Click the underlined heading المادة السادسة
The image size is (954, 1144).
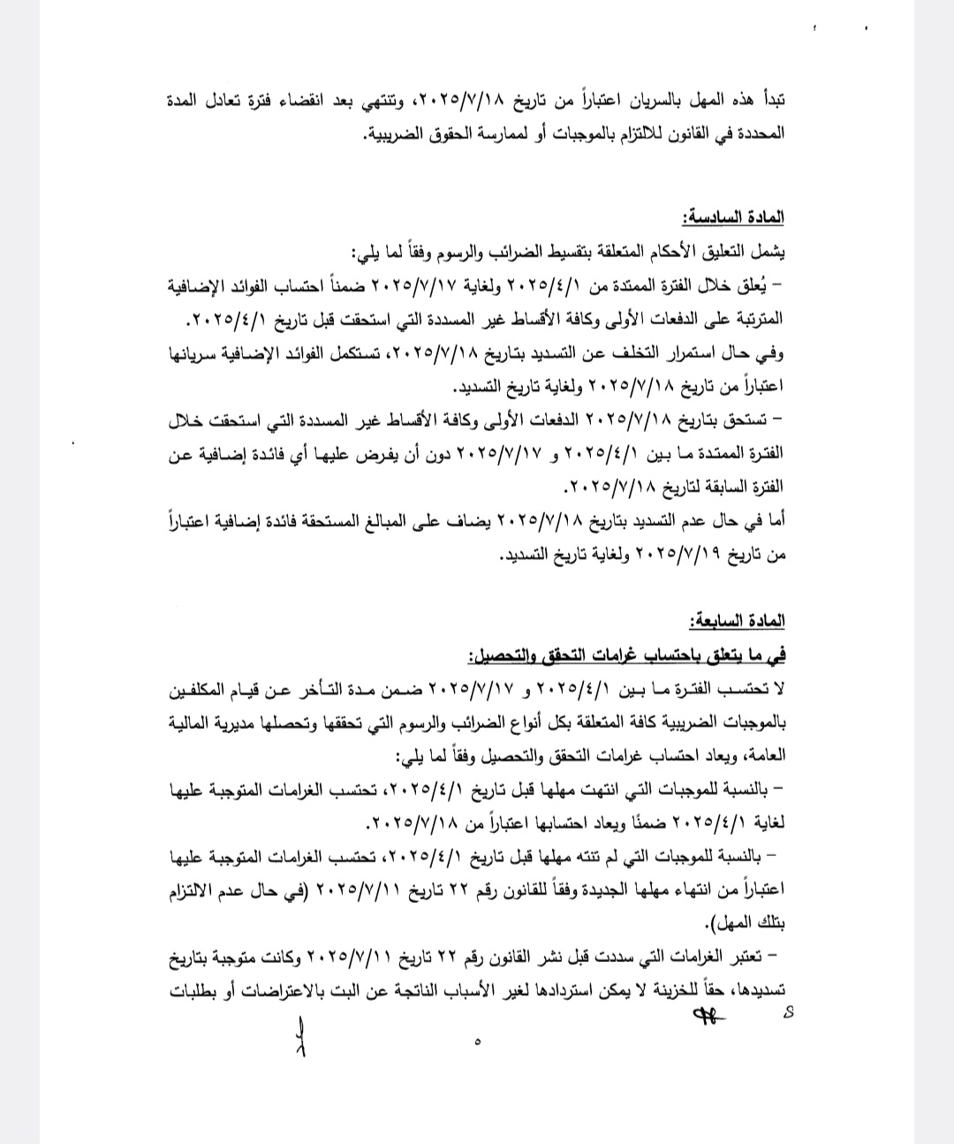pyautogui.click(x=731, y=217)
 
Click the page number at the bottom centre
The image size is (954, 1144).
pyautogui.click(x=478, y=1042)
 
